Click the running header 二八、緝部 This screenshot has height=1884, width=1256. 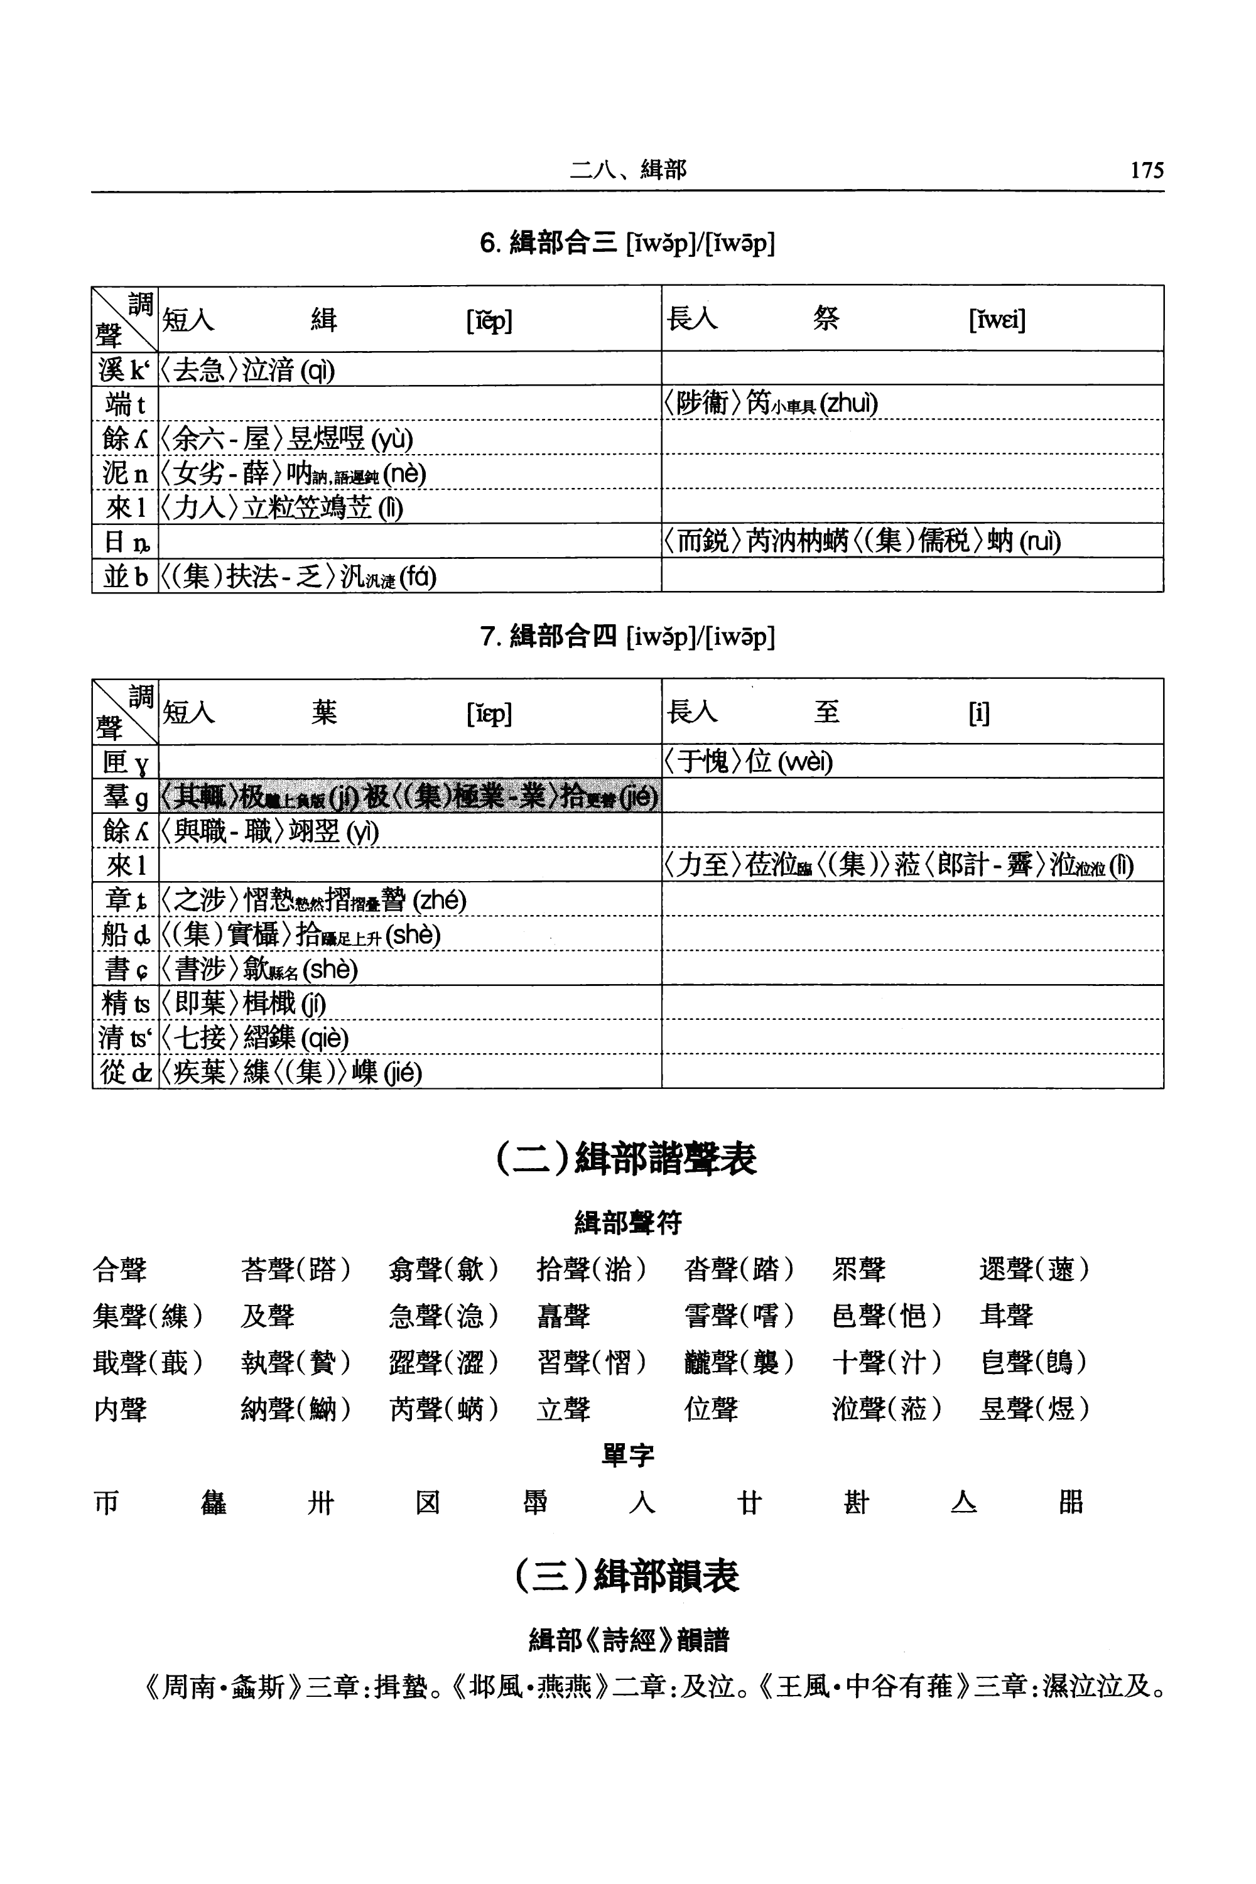click(x=628, y=169)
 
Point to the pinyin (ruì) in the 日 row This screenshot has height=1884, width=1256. click(x=1040, y=541)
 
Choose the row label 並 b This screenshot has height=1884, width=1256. click(x=125, y=576)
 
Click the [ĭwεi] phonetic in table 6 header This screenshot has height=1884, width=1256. click(x=997, y=320)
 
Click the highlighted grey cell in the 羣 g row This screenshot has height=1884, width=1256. click(x=409, y=796)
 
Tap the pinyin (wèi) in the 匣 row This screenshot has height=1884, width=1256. click(x=805, y=762)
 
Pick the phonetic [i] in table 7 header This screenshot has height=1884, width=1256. click(x=979, y=713)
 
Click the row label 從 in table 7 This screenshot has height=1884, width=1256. click(x=125, y=1072)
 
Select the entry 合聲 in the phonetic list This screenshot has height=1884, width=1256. click(x=120, y=1270)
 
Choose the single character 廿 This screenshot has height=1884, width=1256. click(x=749, y=1503)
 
